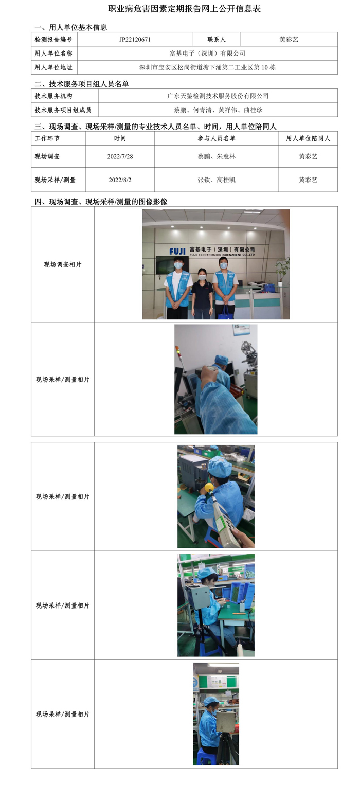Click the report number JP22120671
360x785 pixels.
[x=135, y=40]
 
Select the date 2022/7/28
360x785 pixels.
[x=120, y=157]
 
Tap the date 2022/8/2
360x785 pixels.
[x=120, y=180]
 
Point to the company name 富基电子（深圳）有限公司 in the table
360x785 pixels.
[x=207, y=53]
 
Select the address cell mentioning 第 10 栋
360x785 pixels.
[x=207, y=67]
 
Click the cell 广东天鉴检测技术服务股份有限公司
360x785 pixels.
[x=218, y=96]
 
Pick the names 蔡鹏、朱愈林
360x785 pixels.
[x=217, y=157]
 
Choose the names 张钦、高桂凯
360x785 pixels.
[x=217, y=180]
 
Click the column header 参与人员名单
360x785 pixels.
[x=217, y=138]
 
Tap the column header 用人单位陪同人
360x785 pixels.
[x=308, y=138]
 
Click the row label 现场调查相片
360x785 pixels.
[x=62, y=264]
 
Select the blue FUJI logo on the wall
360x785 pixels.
[x=177, y=252]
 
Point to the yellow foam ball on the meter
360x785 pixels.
[x=209, y=488]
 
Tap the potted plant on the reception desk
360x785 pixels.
[x=282, y=270]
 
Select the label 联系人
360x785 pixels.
[x=216, y=40]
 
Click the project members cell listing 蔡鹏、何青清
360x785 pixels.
[x=218, y=110]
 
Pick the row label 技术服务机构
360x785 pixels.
[x=53, y=96]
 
